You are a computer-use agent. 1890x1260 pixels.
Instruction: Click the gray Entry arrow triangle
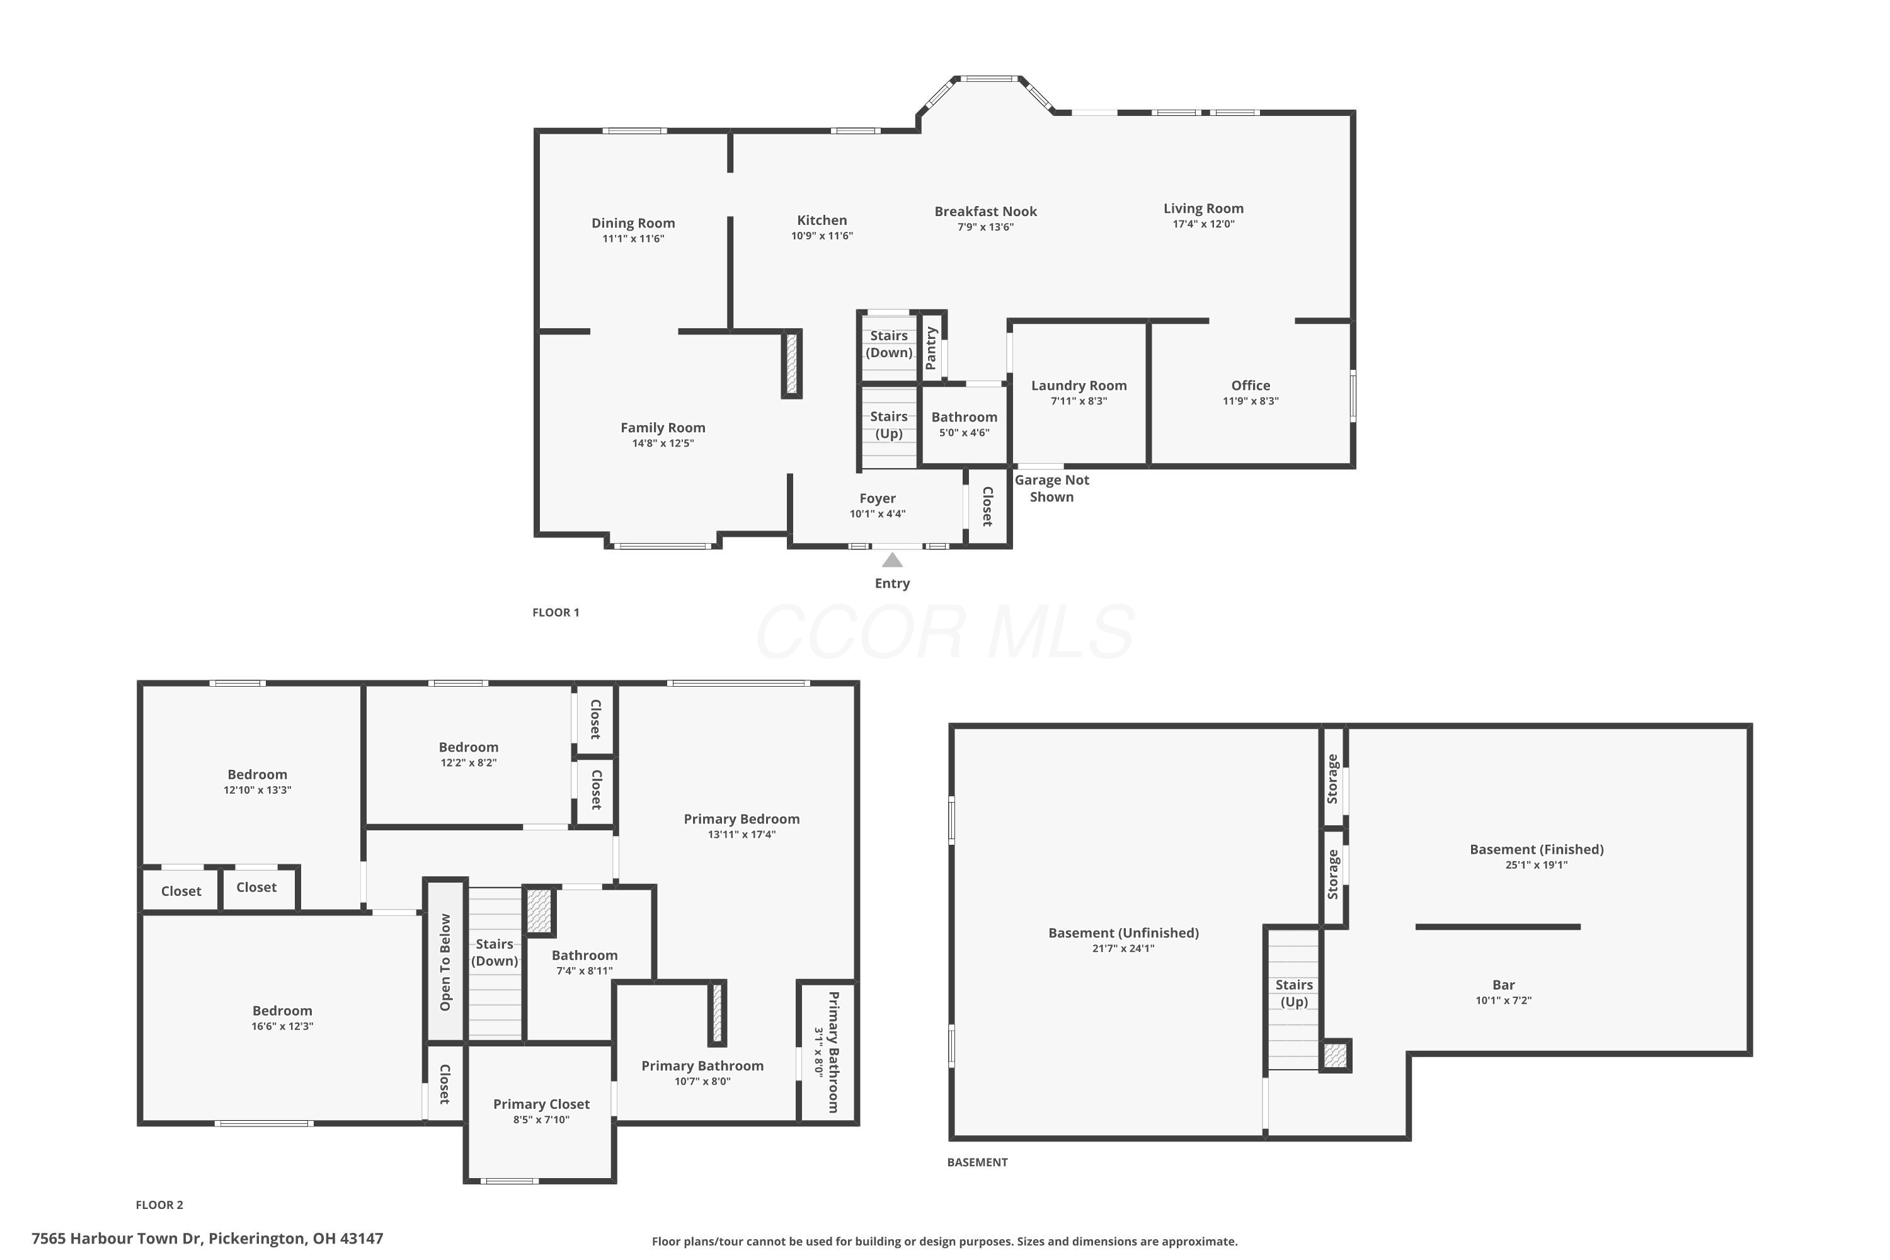(892, 560)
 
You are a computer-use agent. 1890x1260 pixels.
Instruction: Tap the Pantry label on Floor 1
(931, 348)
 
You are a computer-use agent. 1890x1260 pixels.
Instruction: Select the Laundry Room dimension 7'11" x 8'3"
(1079, 401)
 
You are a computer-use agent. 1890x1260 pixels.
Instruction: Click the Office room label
(1251, 386)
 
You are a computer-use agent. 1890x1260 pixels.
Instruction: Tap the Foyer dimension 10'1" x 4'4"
(878, 514)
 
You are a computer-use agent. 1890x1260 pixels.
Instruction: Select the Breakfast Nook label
(985, 211)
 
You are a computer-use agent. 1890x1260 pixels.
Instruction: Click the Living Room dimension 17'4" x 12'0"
(1203, 224)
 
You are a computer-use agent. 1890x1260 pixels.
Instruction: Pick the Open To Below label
(445, 962)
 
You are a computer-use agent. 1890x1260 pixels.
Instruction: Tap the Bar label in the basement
(1503, 984)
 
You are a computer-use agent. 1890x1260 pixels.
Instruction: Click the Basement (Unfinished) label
(1123, 933)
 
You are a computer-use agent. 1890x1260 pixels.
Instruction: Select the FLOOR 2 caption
(159, 1205)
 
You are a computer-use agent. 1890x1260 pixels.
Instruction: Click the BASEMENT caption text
(977, 1162)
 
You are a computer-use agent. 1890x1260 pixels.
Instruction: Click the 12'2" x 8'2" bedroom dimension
(469, 762)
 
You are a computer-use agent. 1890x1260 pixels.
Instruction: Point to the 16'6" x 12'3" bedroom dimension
(282, 1026)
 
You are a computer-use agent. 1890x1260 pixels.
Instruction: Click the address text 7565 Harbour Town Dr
(117, 1239)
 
